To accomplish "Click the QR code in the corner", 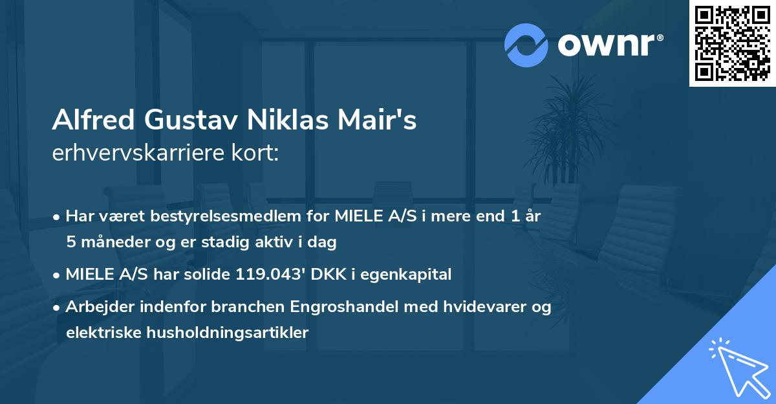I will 733,43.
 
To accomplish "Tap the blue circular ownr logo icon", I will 526,45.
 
